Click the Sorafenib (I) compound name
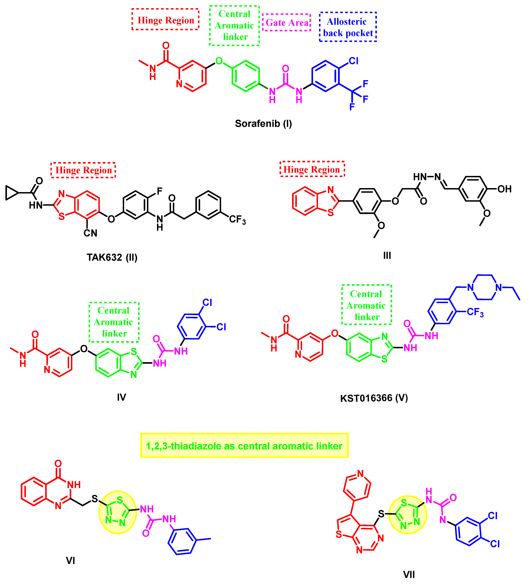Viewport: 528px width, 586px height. [263, 124]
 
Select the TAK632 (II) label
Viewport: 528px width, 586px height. [112, 257]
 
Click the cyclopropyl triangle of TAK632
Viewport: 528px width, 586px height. [11, 193]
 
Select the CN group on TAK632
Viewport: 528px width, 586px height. [90, 233]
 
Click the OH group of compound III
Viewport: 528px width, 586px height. [504, 189]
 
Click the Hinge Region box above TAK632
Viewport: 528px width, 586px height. [83, 170]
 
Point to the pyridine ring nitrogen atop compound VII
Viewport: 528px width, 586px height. [360, 473]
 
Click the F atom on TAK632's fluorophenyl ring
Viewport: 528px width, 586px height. [159, 191]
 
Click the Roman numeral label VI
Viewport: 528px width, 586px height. [70, 560]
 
